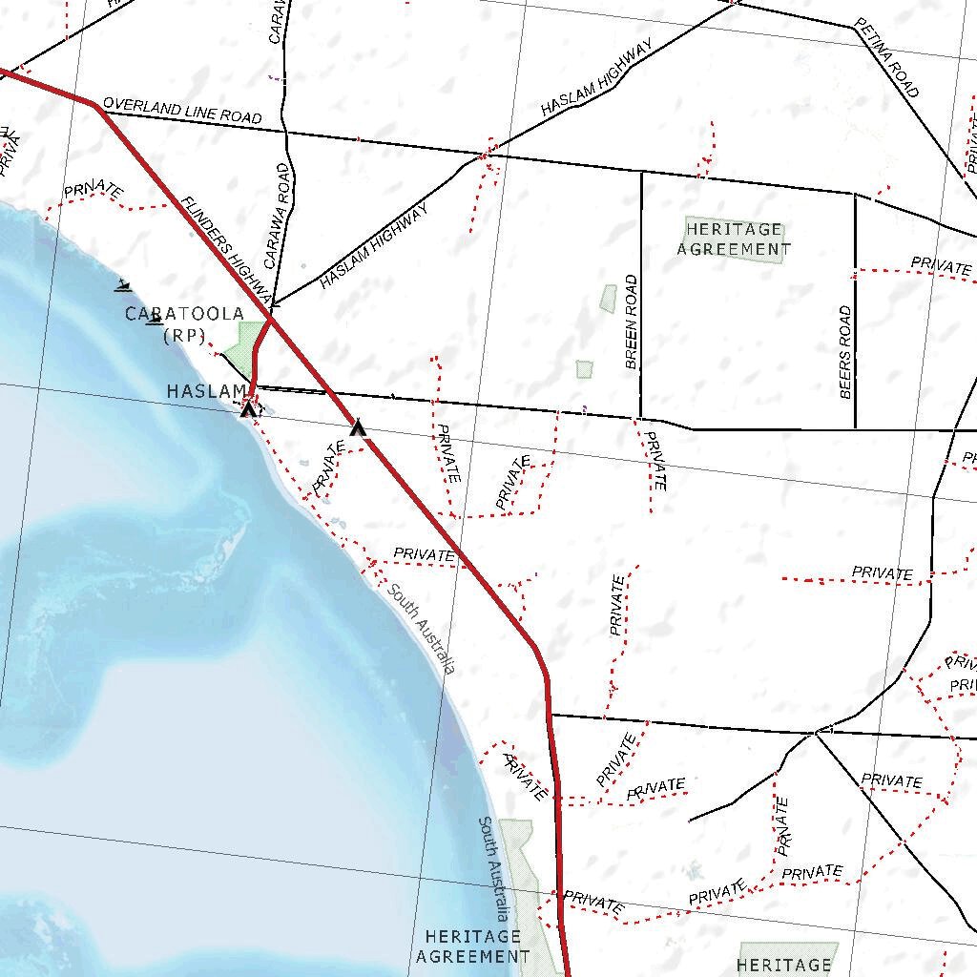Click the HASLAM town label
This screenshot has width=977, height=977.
click(x=205, y=391)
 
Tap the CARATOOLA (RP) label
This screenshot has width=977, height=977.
click(x=184, y=323)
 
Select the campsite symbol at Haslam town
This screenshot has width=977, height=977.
click(x=248, y=409)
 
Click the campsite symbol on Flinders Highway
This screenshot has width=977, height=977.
click(x=358, y=427)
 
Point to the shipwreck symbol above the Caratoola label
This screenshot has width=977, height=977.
click(x=123, y=284)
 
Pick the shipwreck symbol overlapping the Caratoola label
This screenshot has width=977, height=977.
click(x=154, y=320)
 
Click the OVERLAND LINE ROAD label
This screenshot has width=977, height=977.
click(x=181, y=110)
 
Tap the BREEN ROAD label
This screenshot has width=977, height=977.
click(x=631, y=322)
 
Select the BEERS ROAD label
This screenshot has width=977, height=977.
click(x=845, y=352)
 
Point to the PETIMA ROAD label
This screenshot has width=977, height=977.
click(x=887, y=57)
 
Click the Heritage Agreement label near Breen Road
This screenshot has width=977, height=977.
click(x=734, y=239)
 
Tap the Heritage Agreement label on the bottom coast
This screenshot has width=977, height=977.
click(x=472, y=946)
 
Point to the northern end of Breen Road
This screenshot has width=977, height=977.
click(x=641, y=173)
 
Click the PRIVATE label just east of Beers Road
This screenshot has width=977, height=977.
click(x=940, y=264)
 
